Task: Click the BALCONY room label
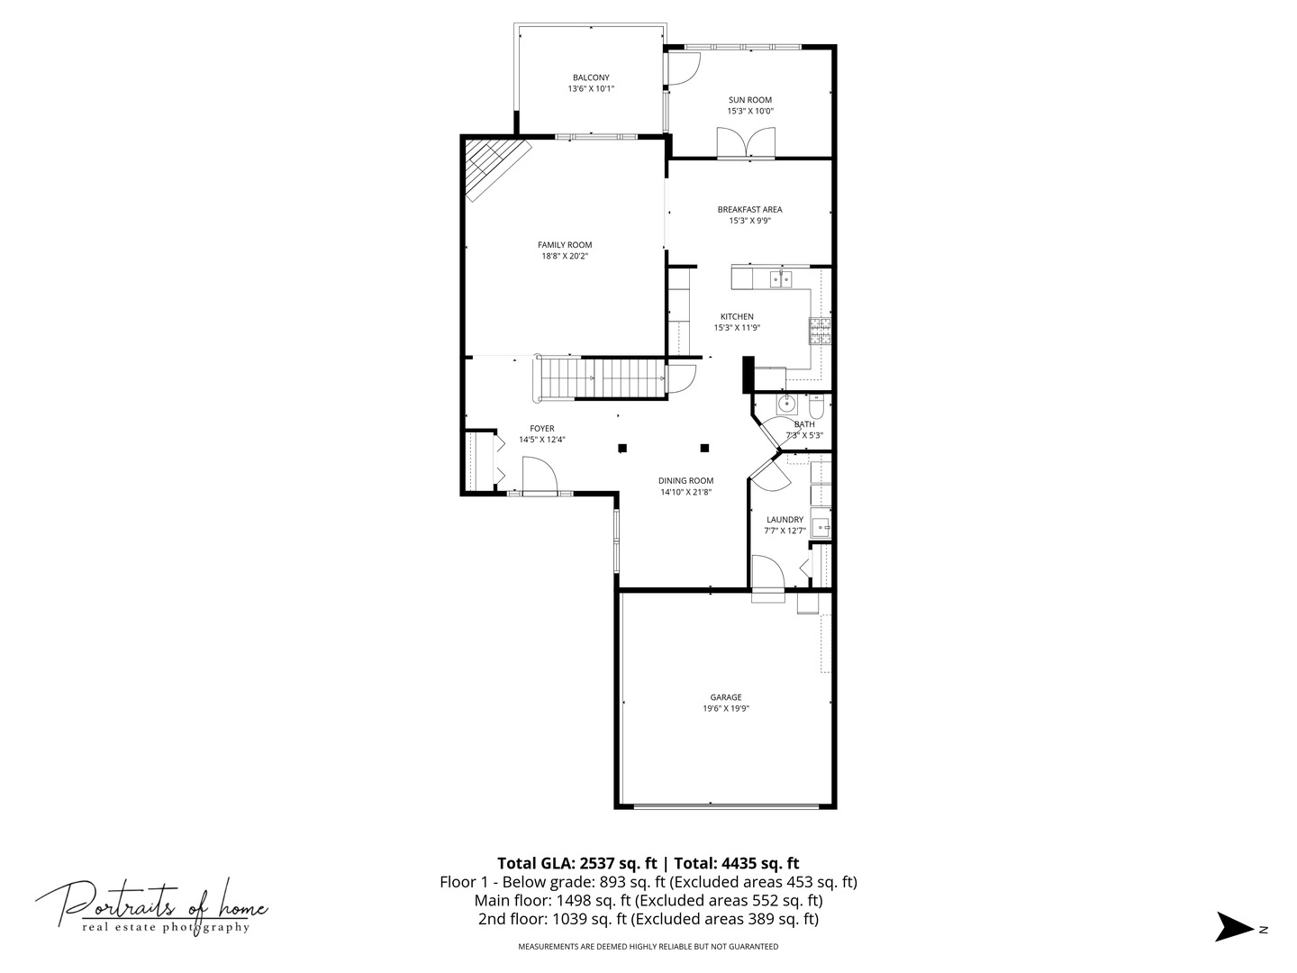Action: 591,77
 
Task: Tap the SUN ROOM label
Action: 749,100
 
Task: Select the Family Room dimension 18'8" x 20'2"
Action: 565,256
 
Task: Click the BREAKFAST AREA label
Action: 749,209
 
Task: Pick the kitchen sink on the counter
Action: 780,279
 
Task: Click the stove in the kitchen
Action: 820,331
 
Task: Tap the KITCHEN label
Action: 737,316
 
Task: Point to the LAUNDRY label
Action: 785,519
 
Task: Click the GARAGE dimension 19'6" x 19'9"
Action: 726,709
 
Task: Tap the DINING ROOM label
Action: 686,480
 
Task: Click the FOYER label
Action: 541,428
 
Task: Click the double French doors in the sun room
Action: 745,143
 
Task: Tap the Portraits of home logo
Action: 151,905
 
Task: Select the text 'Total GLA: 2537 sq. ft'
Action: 573,862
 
